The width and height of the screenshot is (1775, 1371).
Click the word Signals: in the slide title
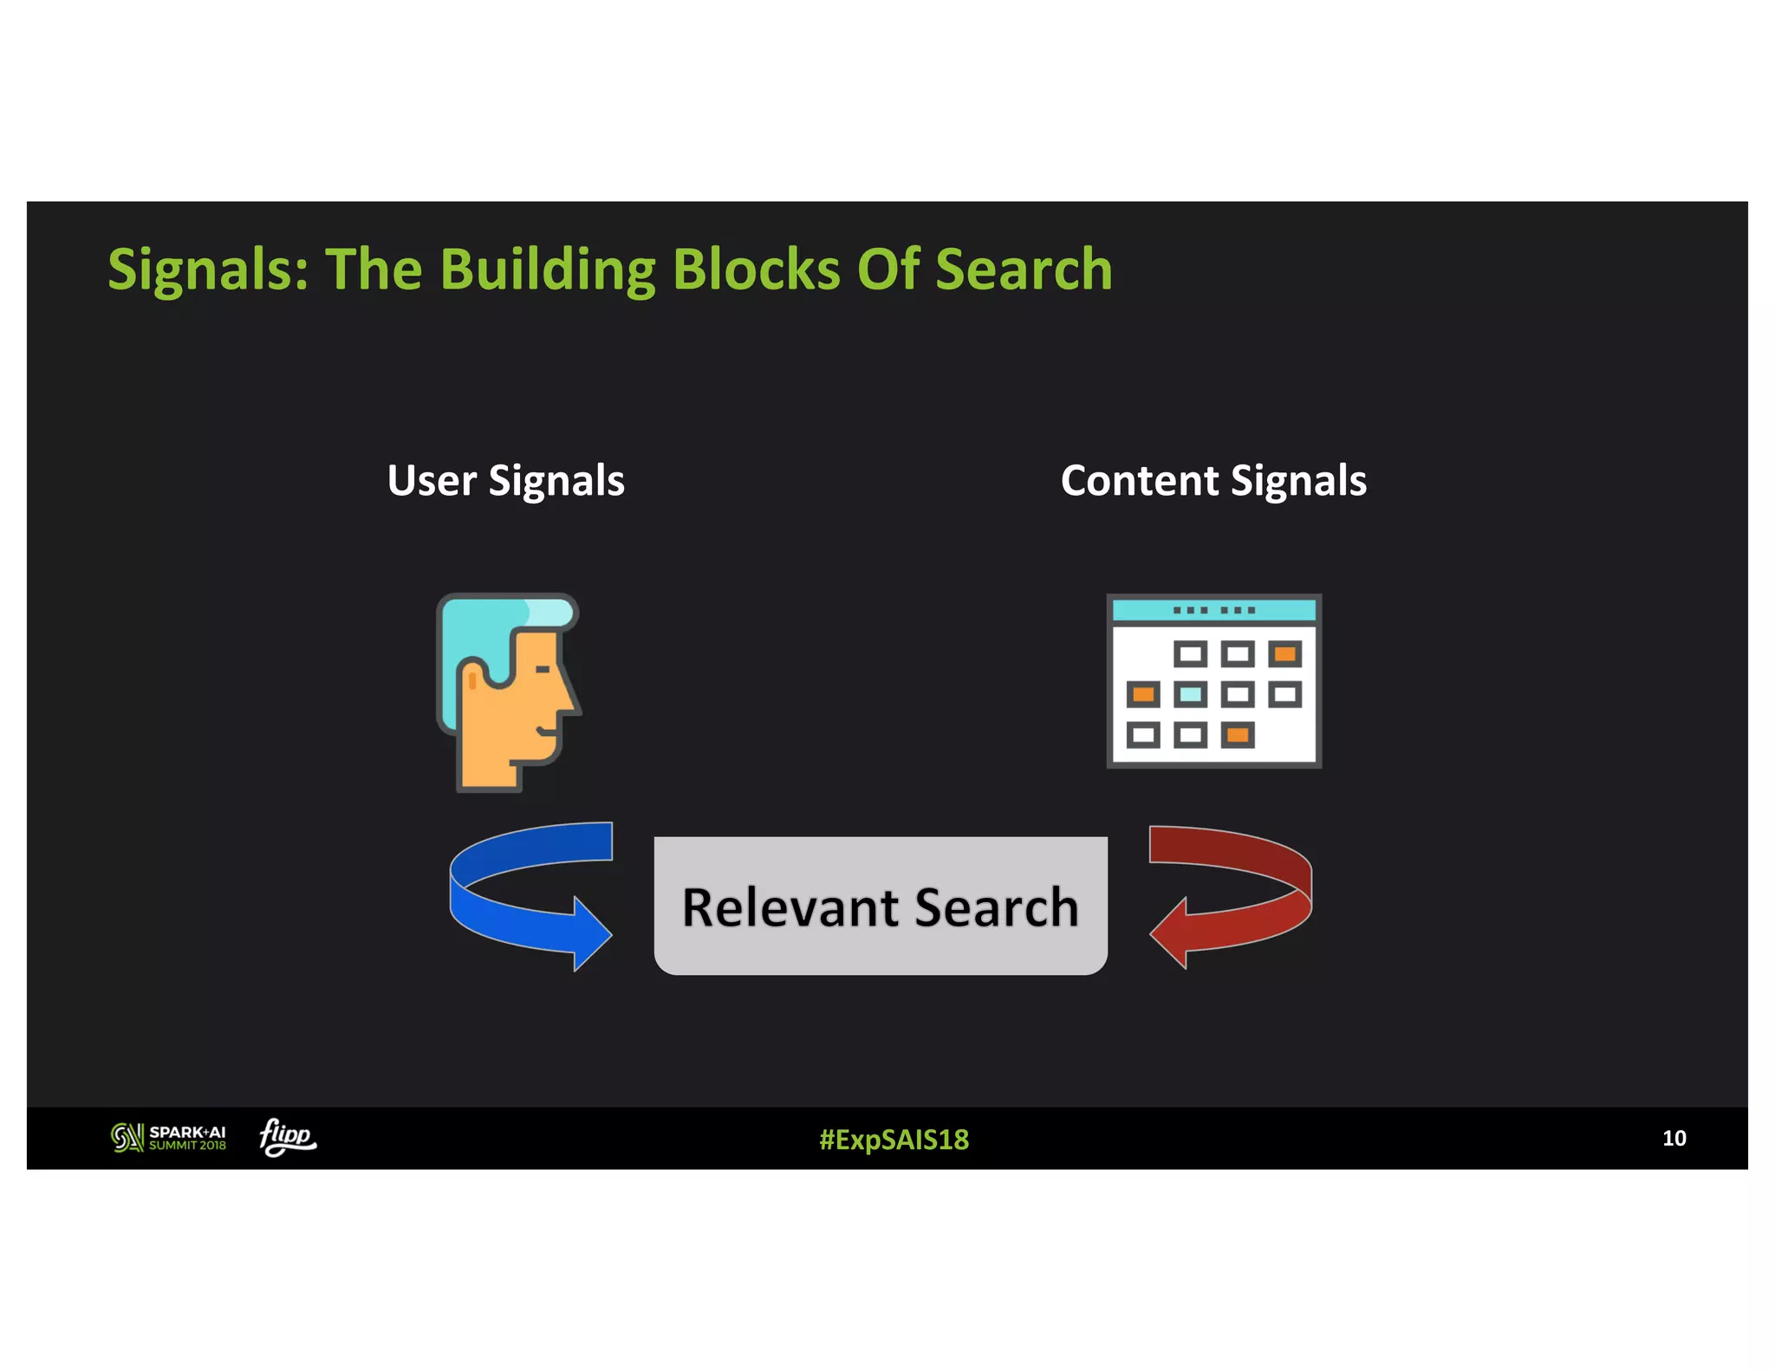click(x=207, y=270)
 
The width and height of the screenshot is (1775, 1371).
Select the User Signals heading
click(x=505, y=481)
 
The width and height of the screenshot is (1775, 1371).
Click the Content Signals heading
click(x=1213, y=481)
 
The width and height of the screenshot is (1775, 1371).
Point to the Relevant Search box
click(x=881, y=906)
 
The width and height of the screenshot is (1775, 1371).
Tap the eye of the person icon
click(x=543, y=669)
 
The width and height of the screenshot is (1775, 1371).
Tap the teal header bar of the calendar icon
click(x=1213, y=610)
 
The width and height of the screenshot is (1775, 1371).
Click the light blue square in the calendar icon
click(x=1191, y=694)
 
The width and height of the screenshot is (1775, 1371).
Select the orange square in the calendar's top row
click(x=1284, y=653)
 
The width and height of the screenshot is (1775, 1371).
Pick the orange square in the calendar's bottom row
click(x=1238, y=736)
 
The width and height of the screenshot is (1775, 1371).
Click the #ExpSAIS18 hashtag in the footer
click(x=894, y=1139)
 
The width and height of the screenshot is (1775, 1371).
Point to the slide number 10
click(x=1674, y=1138)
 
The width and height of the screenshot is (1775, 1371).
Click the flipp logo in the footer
click(x=288, y=1136)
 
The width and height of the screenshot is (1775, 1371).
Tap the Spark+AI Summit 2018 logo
click(x=169, y=1137)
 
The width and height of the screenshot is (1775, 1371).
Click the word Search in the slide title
click(x=1024, y=270)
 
